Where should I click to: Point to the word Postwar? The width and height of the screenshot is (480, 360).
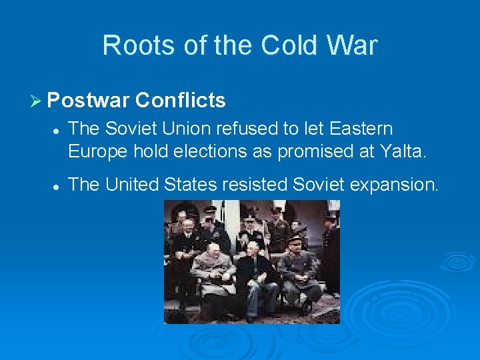coord(88,101)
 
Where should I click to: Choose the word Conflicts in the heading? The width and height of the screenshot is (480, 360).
coord(180,101)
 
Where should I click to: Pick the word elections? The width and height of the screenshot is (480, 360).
coord(208,151)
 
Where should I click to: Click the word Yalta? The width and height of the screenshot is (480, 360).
coord(400,151)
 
